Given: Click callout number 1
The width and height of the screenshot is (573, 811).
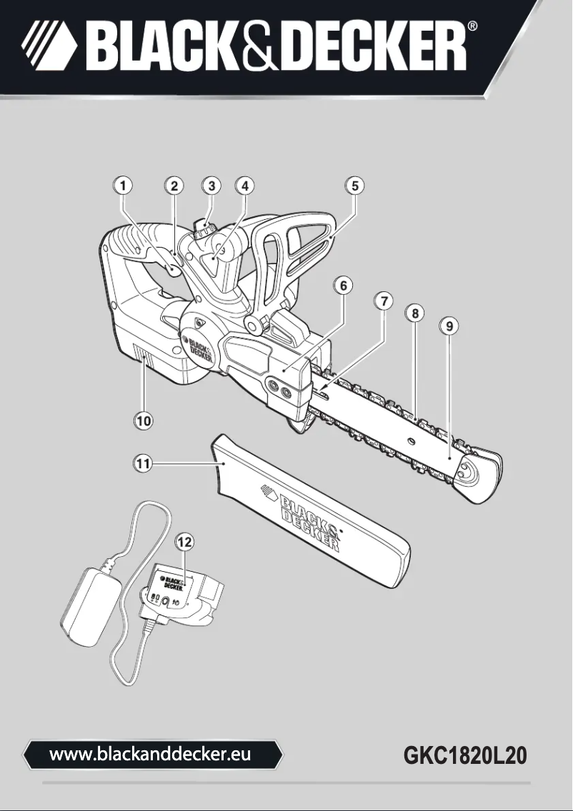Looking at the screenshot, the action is (x=124, y=186).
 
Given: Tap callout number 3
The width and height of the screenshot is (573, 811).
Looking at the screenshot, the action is (x=210, y=186).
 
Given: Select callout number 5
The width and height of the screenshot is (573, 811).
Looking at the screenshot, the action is (x=354, y=186).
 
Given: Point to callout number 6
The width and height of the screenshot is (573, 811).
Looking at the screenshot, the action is (x=344, y=285).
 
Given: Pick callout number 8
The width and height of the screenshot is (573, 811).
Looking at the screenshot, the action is (x=414, y=312).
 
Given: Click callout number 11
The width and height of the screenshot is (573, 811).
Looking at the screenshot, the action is (x=144, y=463).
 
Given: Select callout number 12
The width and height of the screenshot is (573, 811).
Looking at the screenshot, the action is (x=184, y=542).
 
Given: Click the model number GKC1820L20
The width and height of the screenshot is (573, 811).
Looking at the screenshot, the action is (x=466, y=755).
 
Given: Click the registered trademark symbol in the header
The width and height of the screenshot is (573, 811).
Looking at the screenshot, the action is (x=474, y=26).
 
